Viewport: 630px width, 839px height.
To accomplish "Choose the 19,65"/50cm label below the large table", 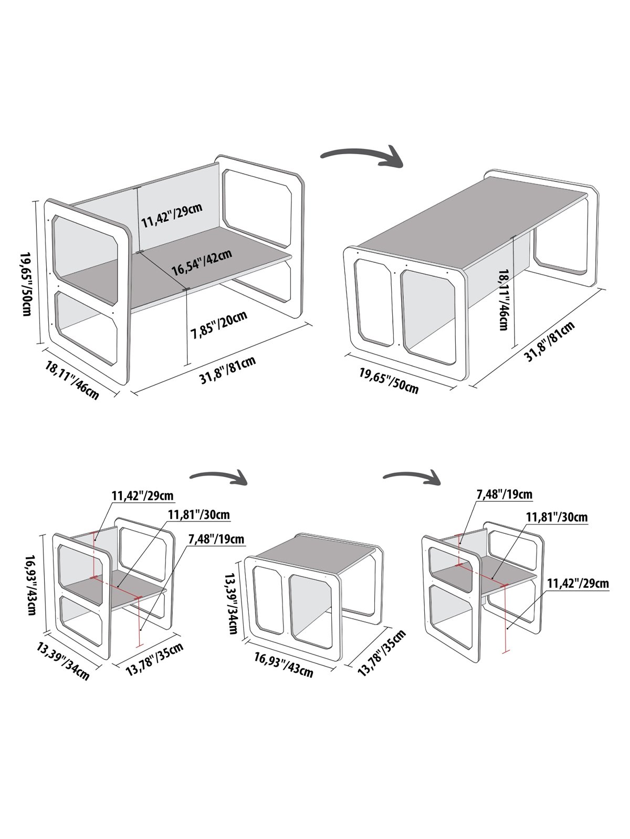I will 389,381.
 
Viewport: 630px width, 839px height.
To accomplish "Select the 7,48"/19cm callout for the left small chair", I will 215,539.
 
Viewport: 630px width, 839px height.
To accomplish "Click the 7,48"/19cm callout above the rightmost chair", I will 504,494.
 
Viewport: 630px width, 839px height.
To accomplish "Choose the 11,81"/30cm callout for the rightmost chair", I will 556,517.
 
